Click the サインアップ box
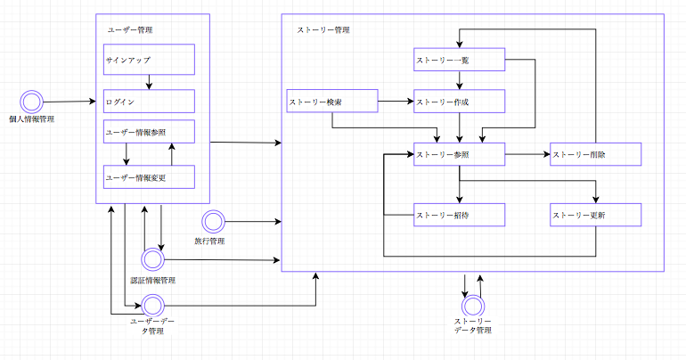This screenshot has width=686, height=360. tap(149, 61)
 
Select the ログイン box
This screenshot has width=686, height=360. tap(149, 102)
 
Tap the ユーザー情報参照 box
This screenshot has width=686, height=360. tap(149, 132)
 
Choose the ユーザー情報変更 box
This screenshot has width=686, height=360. tap(149, 177)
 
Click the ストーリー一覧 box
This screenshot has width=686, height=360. tap(459, 61)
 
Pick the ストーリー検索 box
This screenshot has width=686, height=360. tap(331, 102)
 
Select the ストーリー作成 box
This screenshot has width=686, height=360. tap(459, 102)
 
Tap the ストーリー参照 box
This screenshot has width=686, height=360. tap(459, 154)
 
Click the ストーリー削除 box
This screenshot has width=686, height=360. tap(595, 154)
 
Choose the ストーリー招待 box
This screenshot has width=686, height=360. tap(459, 215)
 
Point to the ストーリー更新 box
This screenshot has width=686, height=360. tap(595, 215)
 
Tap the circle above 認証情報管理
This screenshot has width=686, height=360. tap(152, 260)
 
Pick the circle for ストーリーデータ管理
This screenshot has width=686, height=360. tap(472, 305)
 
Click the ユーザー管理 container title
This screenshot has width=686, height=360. tap(129, 29)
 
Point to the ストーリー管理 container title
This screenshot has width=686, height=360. tap(323, 29)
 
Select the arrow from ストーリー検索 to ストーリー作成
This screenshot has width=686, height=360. tap(395, 102)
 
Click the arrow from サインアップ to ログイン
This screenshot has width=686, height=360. tap(149, 82)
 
